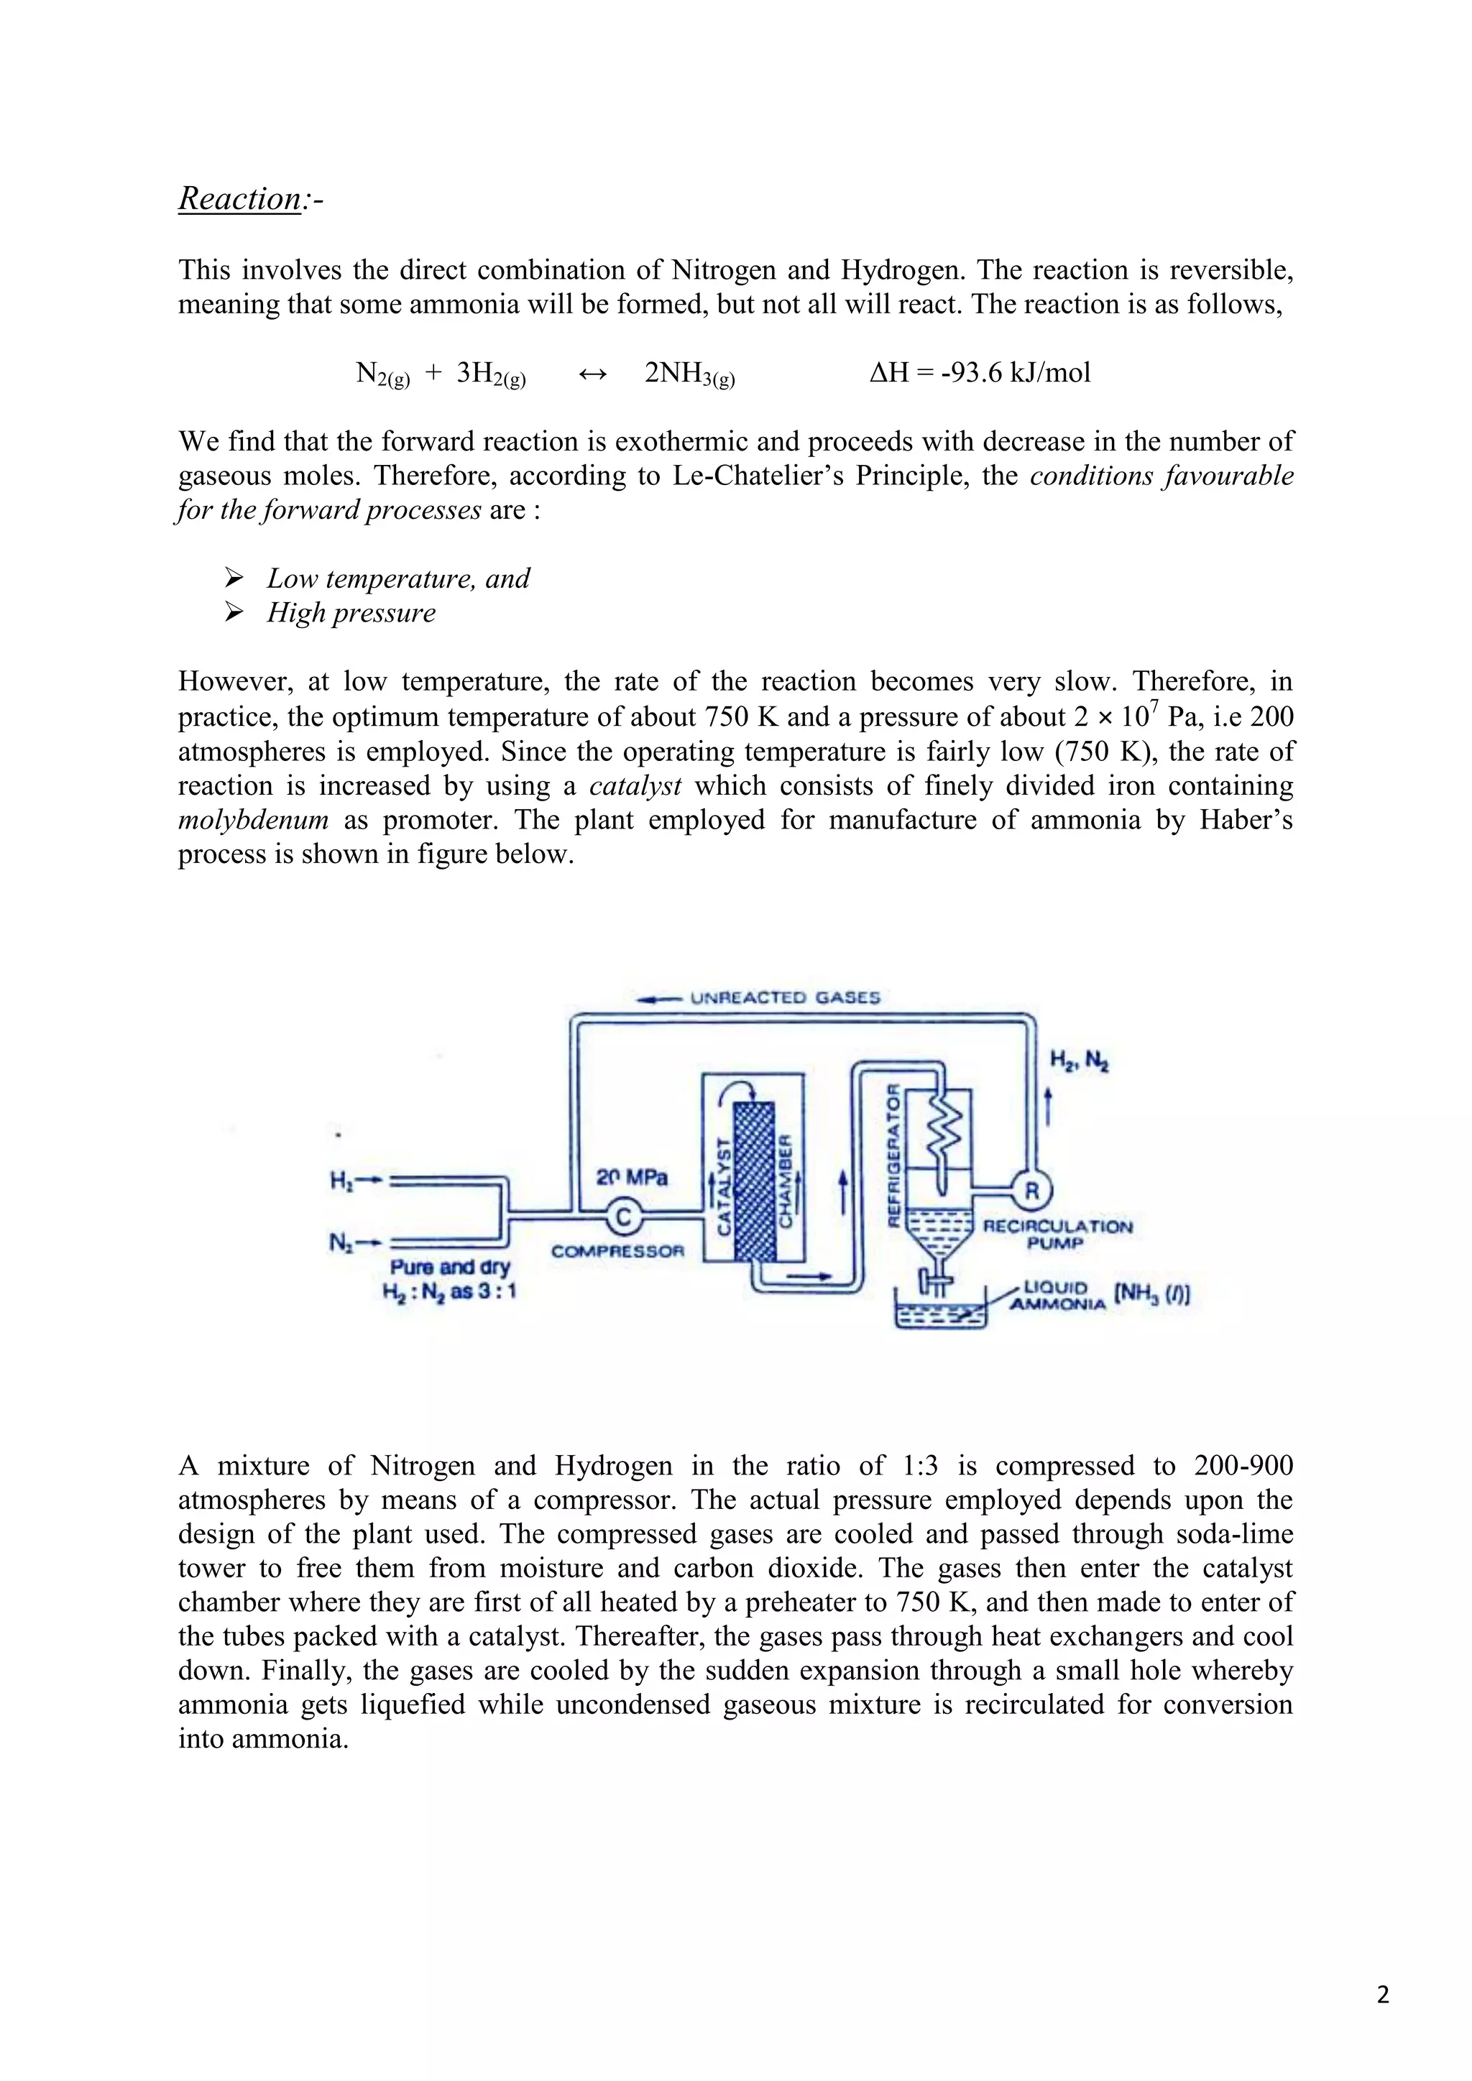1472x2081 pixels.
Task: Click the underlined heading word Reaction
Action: click(x=239, y=198)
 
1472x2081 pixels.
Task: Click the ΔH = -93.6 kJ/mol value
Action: click(x=979, y=372)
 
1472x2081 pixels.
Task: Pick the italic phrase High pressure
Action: click(x=351, y=613)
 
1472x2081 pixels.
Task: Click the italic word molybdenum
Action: click(x=253, y=820)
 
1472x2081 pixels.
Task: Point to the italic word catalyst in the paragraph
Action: click(x=635, y=786)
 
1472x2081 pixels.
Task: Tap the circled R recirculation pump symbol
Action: click(x=1031, y=1190)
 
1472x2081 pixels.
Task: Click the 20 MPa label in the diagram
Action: click(x=631, y=1177)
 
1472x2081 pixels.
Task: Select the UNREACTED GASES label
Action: click(x=785, y=998)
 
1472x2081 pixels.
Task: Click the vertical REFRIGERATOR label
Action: click(x=892, y=1155)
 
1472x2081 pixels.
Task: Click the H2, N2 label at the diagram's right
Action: click(x=1079, y=1059)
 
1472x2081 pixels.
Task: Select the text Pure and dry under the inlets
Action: click(x=449, y=1267)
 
